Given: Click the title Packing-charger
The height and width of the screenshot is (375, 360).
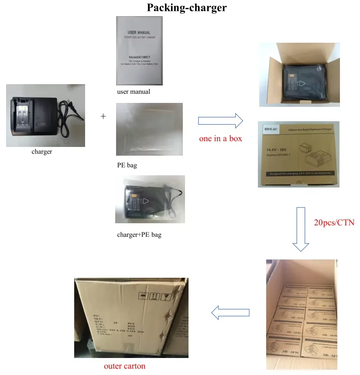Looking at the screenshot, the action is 187,8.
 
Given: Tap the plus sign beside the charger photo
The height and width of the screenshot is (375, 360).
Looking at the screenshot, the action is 103,116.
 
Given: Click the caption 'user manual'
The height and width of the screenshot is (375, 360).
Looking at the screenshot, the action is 134,92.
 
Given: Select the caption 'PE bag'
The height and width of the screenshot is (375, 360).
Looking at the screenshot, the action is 127,166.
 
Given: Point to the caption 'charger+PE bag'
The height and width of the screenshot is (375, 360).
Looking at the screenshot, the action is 139,235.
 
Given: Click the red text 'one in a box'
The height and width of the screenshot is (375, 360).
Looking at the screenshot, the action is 220,138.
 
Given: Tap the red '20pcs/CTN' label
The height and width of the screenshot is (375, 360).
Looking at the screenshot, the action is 334,222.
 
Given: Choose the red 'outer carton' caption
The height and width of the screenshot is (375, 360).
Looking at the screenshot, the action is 124,366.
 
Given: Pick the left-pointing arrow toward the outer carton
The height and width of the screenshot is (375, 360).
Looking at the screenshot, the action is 230,312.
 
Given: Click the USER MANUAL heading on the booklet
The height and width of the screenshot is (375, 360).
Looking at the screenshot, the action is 139,32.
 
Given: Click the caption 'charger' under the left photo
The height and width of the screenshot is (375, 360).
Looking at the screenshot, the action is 42,152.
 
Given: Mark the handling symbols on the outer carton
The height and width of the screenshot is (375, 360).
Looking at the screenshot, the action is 154,298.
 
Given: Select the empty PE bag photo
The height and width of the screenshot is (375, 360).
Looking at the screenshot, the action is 149,129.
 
